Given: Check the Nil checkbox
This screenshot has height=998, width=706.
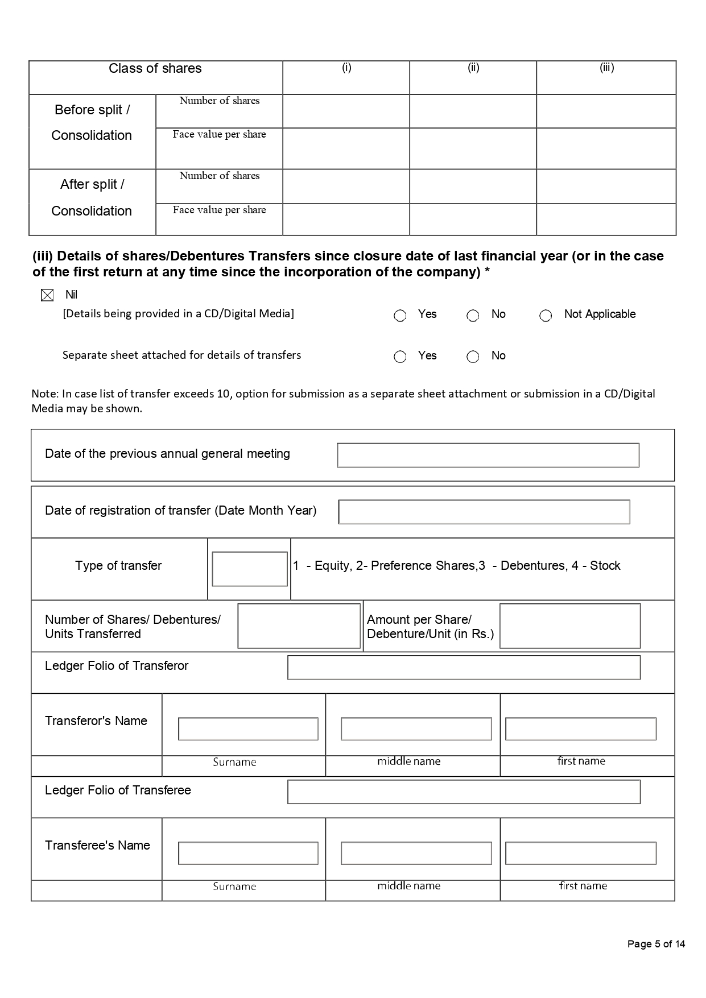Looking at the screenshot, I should (47, 295).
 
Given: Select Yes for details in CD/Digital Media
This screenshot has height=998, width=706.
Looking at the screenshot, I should (400, 316).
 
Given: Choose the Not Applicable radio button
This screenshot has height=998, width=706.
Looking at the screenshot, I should (546, 316).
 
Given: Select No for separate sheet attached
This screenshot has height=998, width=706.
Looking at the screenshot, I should (473, 357).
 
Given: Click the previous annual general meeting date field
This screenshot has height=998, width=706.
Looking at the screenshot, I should (488, 455).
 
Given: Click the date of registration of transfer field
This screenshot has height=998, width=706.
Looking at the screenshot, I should (484, 512).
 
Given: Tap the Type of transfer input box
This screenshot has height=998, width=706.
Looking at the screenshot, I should (250, 569).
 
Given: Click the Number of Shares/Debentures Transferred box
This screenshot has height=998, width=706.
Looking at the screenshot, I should (299, 626).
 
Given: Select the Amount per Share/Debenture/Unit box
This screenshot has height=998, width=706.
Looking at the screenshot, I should (569, 626).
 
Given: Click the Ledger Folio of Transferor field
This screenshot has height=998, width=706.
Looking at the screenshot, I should (464, 668).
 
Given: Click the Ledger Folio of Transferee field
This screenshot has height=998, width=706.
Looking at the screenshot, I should (464, 792).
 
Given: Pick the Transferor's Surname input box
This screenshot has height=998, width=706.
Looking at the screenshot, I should (248, 729).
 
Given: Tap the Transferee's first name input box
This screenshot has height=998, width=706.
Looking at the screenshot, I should (580, 854).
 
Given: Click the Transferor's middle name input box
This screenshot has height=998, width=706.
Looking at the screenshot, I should (416, 729).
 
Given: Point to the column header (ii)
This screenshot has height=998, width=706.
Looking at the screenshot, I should (473, 68).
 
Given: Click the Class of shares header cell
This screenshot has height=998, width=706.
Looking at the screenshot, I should (155, 69).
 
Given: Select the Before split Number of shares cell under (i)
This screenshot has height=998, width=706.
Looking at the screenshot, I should (346, 111).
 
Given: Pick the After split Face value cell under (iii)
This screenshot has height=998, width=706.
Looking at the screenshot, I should (606, 220).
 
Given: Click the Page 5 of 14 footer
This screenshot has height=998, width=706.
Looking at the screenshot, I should (656, 944).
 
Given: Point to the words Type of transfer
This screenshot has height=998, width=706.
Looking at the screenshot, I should (118, 566).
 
